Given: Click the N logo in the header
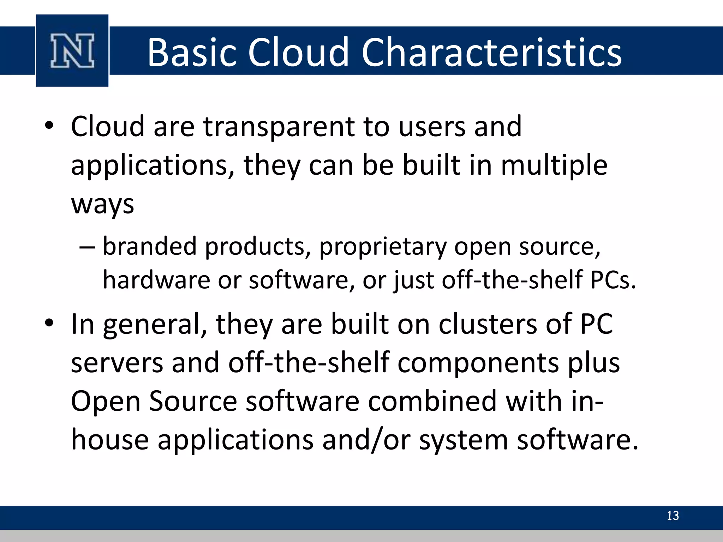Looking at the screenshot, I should point(72,51).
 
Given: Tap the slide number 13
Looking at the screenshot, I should point(673,516).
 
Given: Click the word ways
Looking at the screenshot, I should point(102,205).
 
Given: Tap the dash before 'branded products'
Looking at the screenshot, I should point(87,247).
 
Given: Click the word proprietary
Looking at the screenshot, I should point(383,247).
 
